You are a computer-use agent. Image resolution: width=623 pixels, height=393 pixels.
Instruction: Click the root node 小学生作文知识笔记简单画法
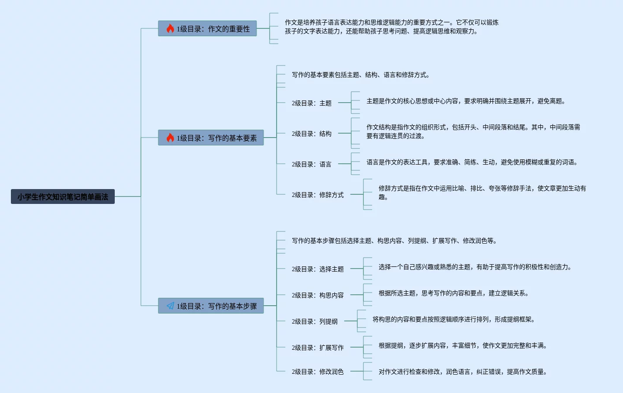pos(63,196)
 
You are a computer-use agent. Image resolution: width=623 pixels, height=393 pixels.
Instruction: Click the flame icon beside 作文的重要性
pos(170,28)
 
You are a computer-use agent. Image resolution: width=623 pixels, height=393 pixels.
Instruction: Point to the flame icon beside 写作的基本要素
pos(170,138)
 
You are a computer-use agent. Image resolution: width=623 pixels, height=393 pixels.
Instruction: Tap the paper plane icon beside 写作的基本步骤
pos(170,306)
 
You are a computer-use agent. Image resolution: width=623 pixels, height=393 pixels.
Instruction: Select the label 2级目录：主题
pos(311,103)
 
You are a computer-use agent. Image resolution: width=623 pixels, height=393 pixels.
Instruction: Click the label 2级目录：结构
pos(311,134)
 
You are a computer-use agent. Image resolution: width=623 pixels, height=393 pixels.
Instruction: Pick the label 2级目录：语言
pos(311,164)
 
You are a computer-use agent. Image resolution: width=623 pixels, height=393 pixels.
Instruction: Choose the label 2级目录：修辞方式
pos(318,195)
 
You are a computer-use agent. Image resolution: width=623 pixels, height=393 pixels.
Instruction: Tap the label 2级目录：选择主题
pos(318,269)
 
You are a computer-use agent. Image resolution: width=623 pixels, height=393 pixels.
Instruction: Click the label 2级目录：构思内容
pos(318,295)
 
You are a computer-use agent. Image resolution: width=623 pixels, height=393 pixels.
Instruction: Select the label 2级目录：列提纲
pos(315,321)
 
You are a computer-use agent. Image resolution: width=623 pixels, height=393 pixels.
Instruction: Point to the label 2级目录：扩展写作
pos(318,348)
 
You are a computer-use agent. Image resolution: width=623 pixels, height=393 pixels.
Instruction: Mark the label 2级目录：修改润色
pos(318,372)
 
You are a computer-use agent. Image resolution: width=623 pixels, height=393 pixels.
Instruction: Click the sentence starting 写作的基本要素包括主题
pos(360,75)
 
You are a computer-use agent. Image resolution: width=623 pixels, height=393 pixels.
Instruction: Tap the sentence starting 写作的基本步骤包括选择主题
pos(394,241)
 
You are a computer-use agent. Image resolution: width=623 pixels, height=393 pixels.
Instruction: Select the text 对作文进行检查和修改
pos(462,372)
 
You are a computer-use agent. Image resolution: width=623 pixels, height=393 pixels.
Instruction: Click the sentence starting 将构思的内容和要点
pos(453,319)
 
